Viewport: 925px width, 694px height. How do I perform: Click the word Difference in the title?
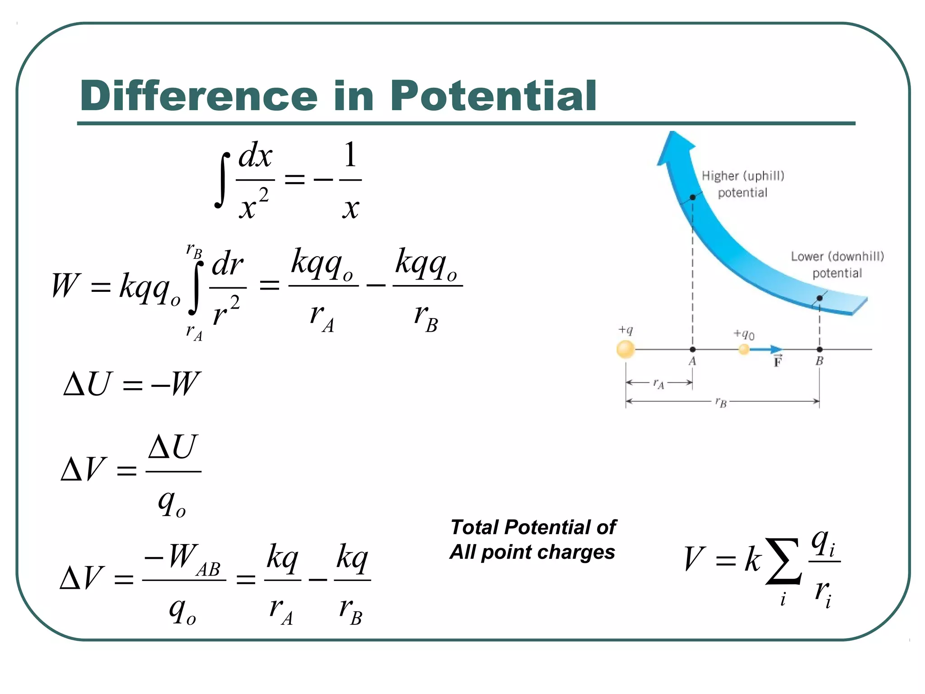pyautogui.click(x=199, y=96)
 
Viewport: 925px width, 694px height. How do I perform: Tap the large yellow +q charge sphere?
pyautogui.click(x=626, y=349)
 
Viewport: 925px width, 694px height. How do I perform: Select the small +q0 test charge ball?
pyautogui.click(x=743, y=349)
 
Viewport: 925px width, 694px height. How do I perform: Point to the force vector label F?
pyautogui.click(x=777, y=362)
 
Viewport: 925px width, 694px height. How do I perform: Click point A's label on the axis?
pyautogui.click(x=692, y=361)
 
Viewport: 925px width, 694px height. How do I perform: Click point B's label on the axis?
pyautogui.click(x=819, y=361)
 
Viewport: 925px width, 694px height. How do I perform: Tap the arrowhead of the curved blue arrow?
pyautogui.click(x=675, y=147)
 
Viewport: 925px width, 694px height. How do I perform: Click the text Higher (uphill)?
pyautogui.click(x=743, y=176)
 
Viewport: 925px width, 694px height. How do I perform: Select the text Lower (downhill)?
pyautogui.click(x=837, y=257)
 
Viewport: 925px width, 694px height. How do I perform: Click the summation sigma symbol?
pyautogui.click(x=784, y=561)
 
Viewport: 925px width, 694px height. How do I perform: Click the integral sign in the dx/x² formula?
pyautogui.click(x=222, y=180)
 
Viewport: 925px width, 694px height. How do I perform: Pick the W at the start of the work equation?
pyautogui.click(x=65, y=286)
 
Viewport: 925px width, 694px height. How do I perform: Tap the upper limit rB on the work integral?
pyautogui.click(x=194, y=251)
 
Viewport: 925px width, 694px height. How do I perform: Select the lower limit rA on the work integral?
pyautogui.click(x=194, y=333)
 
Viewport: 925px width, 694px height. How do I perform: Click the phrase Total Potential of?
pyautogui.click(x=533, y=527)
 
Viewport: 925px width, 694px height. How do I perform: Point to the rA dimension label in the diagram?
pyautogui.click(x=659, y=384)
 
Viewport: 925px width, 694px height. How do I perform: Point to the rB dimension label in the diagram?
pyautogui.click(x=721, y=402)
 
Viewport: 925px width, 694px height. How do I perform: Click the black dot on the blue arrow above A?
pyautogui.click(x=692, y=197)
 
